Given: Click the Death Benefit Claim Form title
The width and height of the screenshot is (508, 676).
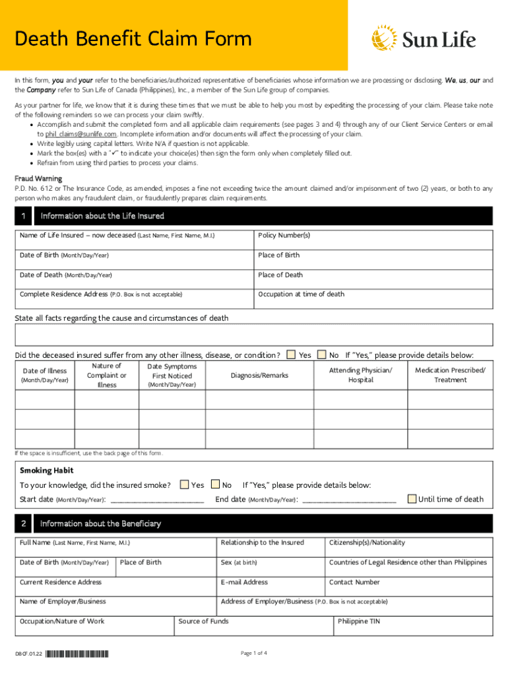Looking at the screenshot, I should click(134, 39).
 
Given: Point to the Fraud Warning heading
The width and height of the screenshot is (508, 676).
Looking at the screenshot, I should click(38, 178).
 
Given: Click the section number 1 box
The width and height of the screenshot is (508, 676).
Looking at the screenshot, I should click(23, 216).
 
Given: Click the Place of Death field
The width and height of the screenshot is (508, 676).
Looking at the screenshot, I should click(373, 279).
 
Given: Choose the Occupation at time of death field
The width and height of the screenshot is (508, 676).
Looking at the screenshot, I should click(373, 299).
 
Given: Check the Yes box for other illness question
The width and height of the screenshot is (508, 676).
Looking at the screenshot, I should click(291, 355).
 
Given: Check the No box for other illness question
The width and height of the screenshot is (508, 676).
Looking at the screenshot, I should click(322, 355).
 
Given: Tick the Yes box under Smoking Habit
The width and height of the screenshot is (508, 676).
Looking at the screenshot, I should click(184, 485).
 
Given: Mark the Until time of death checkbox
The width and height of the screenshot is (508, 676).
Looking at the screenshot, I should click(412, 498).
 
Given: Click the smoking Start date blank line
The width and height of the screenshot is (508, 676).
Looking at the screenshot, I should click(157, 500).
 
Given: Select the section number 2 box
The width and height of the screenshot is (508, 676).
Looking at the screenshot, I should click(23, 524).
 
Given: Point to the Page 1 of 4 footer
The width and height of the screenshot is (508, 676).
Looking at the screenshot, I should click(254, 654).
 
